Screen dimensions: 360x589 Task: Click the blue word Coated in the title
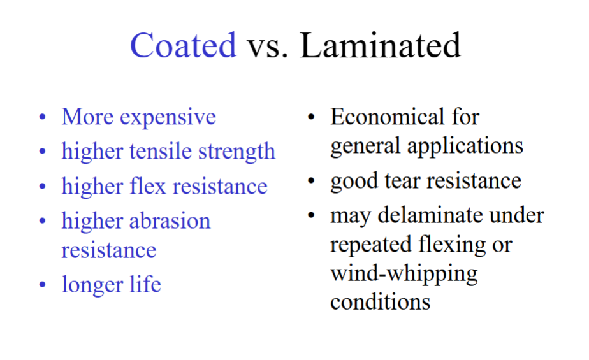(183, 45)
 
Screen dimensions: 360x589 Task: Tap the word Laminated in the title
(381, 45)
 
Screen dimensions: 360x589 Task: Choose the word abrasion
(170, 220)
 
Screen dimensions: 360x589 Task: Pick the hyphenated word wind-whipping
(404, 274)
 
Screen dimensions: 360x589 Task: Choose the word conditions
(380, 301)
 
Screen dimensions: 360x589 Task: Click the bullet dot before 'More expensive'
(43, 118)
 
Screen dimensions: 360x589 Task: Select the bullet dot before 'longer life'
(43, 284)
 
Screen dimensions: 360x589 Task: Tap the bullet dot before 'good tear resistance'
(311, 181)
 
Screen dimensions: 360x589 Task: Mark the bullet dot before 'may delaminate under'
(311, 215)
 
